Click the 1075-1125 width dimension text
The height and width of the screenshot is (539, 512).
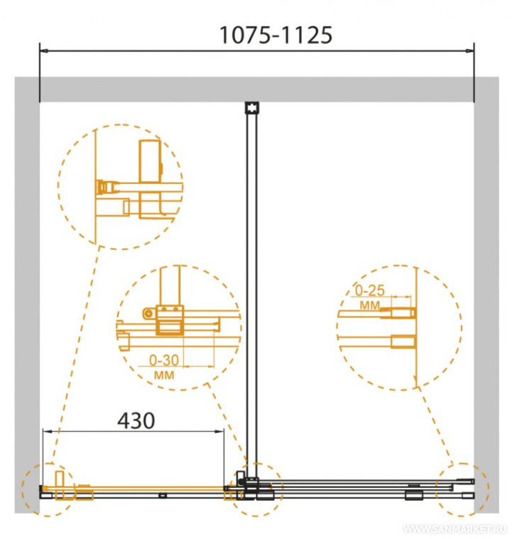(x=276, y=35)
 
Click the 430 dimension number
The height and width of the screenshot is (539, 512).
(x=136, y=420)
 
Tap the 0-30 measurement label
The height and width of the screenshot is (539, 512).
(x=163, y=360)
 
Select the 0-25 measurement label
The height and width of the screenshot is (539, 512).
(x=370, y=290)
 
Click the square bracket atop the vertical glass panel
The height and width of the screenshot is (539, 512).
(x=251, y=108)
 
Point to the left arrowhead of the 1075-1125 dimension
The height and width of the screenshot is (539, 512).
(x=43, y=51)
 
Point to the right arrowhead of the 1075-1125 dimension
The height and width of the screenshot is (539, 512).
(x=470, y=51)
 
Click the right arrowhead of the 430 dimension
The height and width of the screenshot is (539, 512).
(x=219, y=431)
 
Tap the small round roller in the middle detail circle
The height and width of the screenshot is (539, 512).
(x=148, y=313)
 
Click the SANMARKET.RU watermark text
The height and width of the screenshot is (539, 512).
(x=455, y=529)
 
